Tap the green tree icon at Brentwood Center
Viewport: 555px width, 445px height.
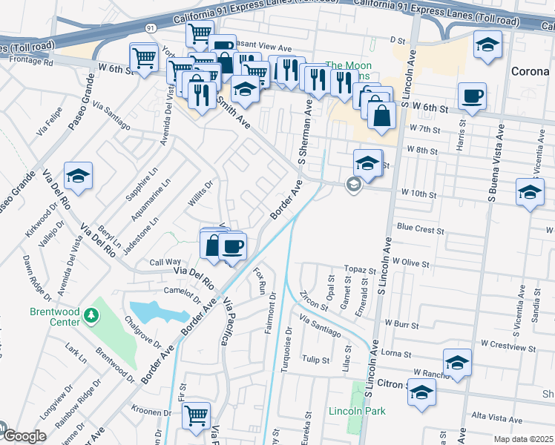point(91,317)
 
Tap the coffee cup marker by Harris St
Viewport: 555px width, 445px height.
point(472,96)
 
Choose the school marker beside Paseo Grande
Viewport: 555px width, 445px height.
point(78,177)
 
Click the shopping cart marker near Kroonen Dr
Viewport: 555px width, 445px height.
point(196,415)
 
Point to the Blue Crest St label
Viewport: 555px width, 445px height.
point(420,228)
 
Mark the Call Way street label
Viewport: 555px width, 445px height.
point(165,262)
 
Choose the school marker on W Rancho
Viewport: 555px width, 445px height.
point(457,363)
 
